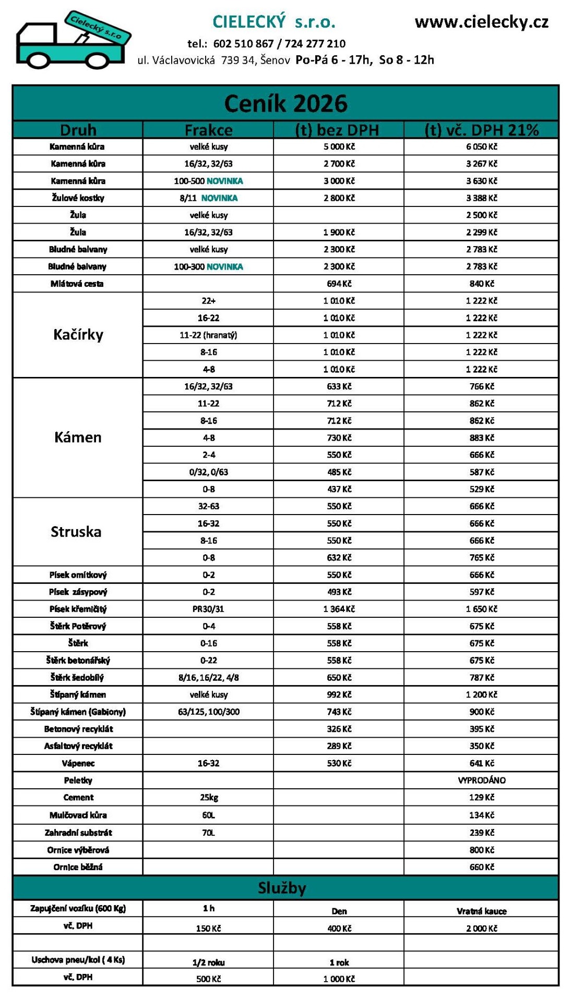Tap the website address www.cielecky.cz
(x=481, y=22)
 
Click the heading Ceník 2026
(x=285, y=104)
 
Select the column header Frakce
(x=208, y=130)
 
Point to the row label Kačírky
(x=78, y=335)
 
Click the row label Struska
(x=76, y=532)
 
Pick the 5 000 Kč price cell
(x=339, y=147)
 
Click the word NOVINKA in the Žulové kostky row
(x=219, y=198)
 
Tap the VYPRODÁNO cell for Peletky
(x=481, y=780)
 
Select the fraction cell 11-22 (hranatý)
(x=208, y=335)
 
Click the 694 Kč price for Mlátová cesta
(x=339, y=284)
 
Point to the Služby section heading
(x=282, y=888)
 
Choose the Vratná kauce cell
(x=481, y=911)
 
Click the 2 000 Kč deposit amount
(x=481, y=929)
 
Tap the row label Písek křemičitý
(x=78, y=609)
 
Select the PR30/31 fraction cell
(x=208, y=609)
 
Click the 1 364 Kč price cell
(x=339, y=609)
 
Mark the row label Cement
(x=78, y=798)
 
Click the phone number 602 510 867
(x=243, y=44)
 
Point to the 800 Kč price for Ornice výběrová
(x=481, y=850)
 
